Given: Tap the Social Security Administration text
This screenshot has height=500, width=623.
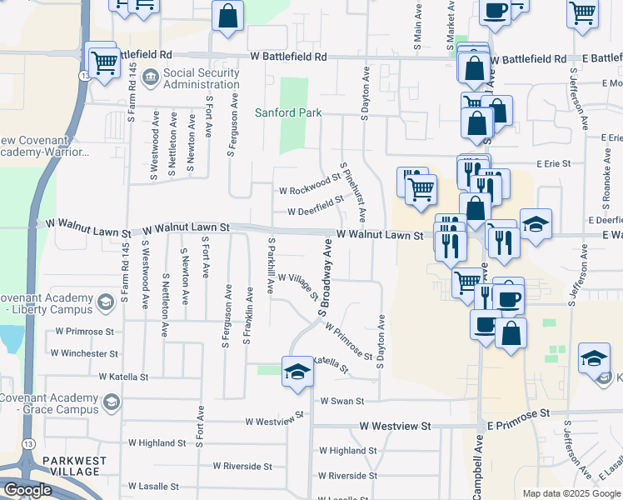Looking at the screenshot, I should (201, 79).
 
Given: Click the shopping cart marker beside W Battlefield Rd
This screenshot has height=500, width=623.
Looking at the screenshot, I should (103, 62).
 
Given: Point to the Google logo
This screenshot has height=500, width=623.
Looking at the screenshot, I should (27, 490).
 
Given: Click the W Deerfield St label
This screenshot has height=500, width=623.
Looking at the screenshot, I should (316, 205).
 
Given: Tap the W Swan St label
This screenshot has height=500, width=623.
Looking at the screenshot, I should (337, 401).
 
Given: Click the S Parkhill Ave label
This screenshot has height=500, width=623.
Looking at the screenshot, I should (271, 265).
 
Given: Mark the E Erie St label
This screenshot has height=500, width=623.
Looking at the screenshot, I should (554, 164).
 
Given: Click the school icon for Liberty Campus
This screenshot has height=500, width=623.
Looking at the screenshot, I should (106, 302).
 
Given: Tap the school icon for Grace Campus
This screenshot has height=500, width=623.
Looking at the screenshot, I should (109, 403).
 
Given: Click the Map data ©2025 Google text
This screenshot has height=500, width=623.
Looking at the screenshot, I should (571, 493).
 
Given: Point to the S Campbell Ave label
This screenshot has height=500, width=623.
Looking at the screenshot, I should (477, 467).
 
